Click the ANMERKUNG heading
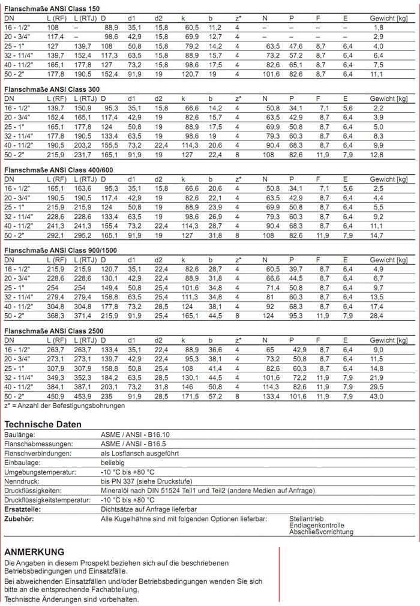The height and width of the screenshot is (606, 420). coord(34,552)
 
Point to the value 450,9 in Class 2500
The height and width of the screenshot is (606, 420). coord(56,397)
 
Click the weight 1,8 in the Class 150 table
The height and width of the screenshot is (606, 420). coord(378,28)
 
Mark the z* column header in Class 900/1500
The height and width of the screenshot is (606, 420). coord(238,260)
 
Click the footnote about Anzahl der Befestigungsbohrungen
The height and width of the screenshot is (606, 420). coord(65,406)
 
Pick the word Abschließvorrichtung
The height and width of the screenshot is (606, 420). coord(321,532)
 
